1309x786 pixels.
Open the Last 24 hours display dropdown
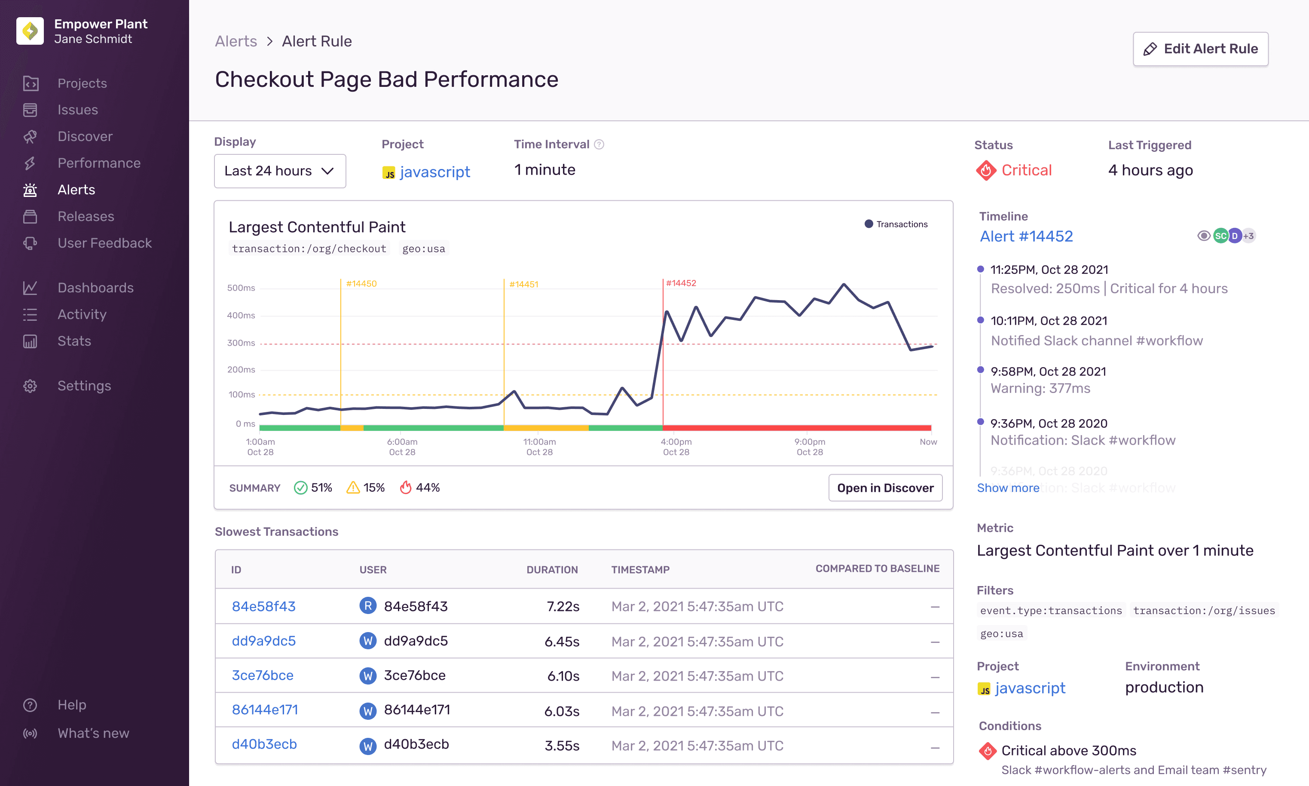[279, 171]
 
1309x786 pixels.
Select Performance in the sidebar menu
[98, 163]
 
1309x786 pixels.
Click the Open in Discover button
[885, 488]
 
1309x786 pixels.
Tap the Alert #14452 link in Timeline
[1026, 236]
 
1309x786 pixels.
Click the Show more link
[1008, 488]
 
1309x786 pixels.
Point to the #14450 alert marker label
[361, 284]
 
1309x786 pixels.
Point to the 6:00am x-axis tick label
[402, 442]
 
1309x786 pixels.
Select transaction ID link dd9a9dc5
[263, 641]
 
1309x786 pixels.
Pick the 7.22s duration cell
[563, 606]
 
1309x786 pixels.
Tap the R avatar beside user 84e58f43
[367, 606]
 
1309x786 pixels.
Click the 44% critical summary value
[427, 488]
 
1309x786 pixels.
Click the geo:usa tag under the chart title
[423, 249]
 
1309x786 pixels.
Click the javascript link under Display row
[434, 172]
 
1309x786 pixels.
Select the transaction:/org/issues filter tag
[1204, 611]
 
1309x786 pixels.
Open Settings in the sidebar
[84, 386]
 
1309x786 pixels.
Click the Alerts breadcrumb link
[235, 41]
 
